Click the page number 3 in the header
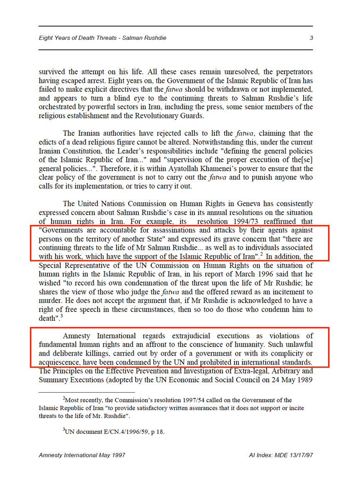click(x=311, y=38)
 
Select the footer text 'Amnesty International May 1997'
click(x=82, y=455)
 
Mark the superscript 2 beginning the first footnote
click(x=64, y=398)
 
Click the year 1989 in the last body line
click(x=305, y=380)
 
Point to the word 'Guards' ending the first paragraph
click(x=192, y=116)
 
